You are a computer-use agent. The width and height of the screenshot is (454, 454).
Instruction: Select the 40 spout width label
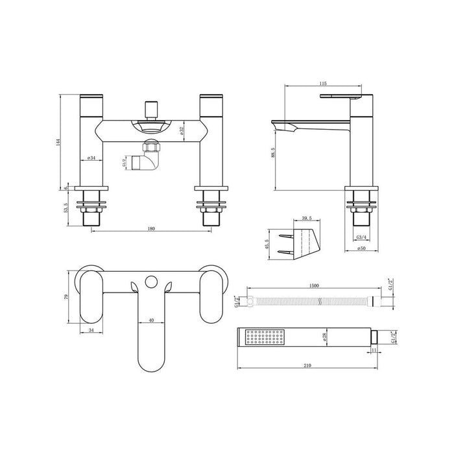[150, 320]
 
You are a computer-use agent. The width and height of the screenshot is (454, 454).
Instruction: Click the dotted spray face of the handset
[263, 338]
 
